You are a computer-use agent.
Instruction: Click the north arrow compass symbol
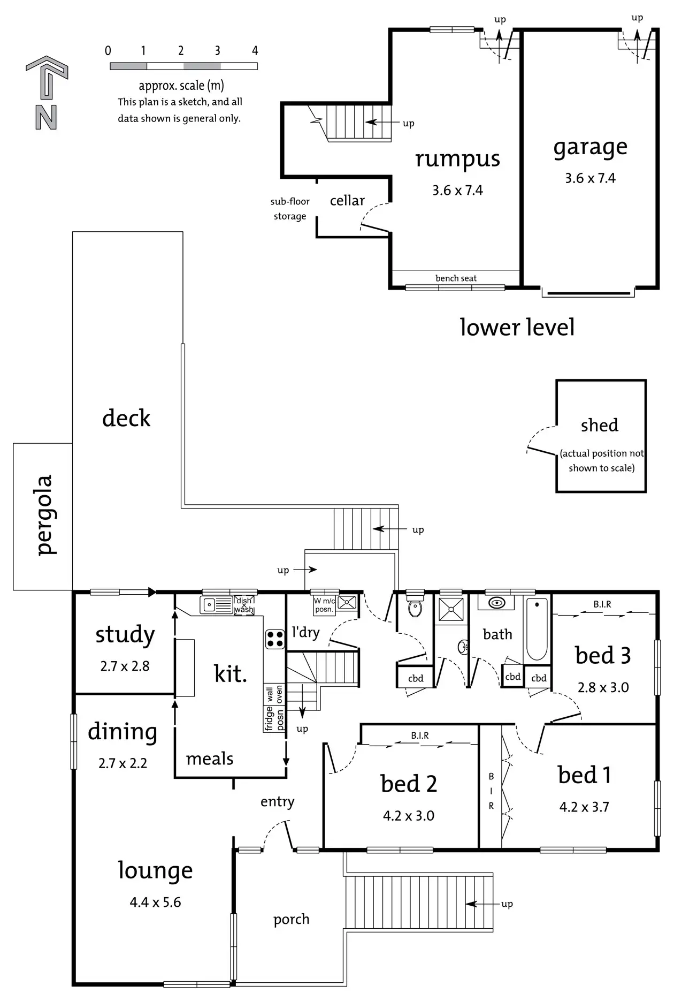[47, 92]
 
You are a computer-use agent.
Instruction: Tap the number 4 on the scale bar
[255, 51]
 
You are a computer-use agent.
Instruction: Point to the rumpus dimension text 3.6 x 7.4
[457, 191]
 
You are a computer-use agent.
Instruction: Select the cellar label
[347, 201]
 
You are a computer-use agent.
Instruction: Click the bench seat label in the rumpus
[456, 278]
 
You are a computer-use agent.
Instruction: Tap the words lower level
[517, 328]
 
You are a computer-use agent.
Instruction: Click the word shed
[599, 426]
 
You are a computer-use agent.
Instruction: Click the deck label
[126, 418]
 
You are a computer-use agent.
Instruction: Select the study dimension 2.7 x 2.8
[125, 666]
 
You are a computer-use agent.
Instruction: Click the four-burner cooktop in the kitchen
[275, 639]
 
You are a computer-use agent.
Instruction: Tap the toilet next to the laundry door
[415, 608]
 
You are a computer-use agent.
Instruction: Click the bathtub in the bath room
[537, 629]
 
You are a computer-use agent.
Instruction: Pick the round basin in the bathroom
[497, 603]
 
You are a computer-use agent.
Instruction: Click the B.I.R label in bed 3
[602, 604]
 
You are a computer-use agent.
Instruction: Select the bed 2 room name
[409, 784]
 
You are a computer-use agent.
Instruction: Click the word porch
[291, 920]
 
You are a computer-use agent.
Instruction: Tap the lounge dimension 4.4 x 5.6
[155, 903]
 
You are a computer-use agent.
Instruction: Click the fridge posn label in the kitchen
[274, 718]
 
